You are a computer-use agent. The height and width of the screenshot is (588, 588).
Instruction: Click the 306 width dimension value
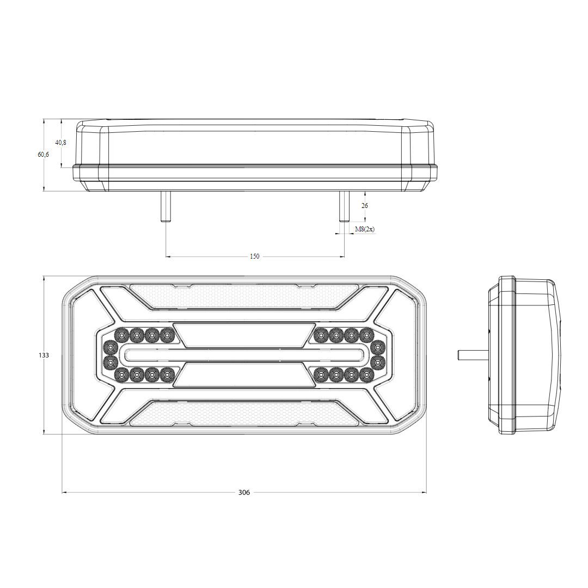(x=244, y=492)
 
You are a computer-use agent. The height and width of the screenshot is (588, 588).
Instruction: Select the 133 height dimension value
(x=44, y=355)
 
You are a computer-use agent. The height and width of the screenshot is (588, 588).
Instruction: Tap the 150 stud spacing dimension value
(x=254, y=256)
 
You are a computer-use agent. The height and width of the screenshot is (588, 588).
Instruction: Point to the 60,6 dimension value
(x=43, y=154)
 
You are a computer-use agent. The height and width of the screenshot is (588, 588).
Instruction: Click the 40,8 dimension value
(x=61, y=143)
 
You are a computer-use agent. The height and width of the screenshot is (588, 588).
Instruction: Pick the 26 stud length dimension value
(x=364, y=205)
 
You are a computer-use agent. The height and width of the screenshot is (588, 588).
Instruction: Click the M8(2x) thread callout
(x=364, y=229)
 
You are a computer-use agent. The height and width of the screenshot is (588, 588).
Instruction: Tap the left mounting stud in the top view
(x=166, y=206)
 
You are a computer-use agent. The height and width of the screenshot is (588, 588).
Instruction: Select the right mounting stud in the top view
(x=344, y=206)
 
